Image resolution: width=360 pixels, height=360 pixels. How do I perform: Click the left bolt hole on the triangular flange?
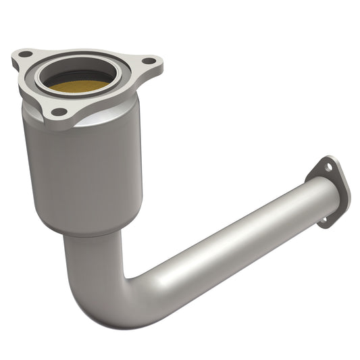click(25, 53)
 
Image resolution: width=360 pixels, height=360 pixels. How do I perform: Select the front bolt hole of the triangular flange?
click(59, 111)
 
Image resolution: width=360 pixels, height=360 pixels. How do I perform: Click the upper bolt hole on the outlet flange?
click(328, 167)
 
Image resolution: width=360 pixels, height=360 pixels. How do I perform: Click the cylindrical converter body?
click(81, 169)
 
